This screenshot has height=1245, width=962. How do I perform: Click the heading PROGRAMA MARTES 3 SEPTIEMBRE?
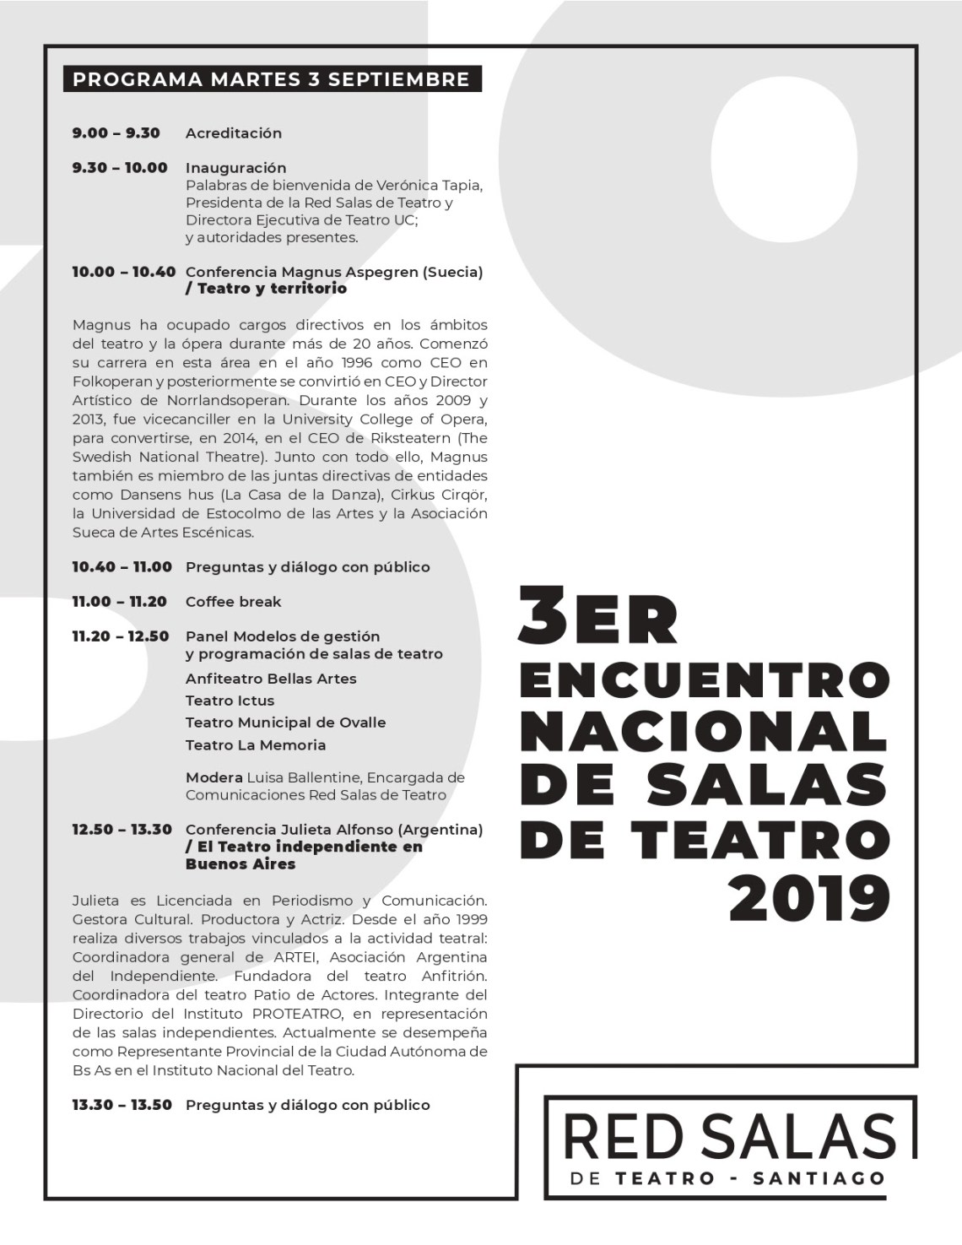coord(271,79)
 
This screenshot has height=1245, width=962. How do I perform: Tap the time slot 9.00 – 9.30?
coord(116,133)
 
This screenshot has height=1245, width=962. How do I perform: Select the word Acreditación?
coord(234,133)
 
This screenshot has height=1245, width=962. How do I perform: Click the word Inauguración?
coord(235,168)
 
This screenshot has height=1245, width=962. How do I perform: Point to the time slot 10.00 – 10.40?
coord(123,272)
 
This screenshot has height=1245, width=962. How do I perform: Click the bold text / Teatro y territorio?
coord(266,289)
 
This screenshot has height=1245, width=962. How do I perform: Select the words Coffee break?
coord(233,602)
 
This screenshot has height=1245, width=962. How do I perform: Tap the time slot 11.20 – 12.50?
coord(120,636)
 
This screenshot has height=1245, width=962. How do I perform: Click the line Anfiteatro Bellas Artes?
coord(271,679)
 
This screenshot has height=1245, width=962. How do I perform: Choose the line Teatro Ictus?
coord(230,701)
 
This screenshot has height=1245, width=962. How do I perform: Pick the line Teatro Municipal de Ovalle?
coord(285,723)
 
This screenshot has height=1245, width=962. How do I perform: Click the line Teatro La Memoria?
coord(255,745)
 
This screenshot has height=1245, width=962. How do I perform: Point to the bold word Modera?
coord(213,777)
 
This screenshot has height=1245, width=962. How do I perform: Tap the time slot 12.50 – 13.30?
coord(122,830)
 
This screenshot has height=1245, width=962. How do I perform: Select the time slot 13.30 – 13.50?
coord(122,1105)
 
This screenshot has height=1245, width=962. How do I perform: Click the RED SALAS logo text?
coord(729,1135)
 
